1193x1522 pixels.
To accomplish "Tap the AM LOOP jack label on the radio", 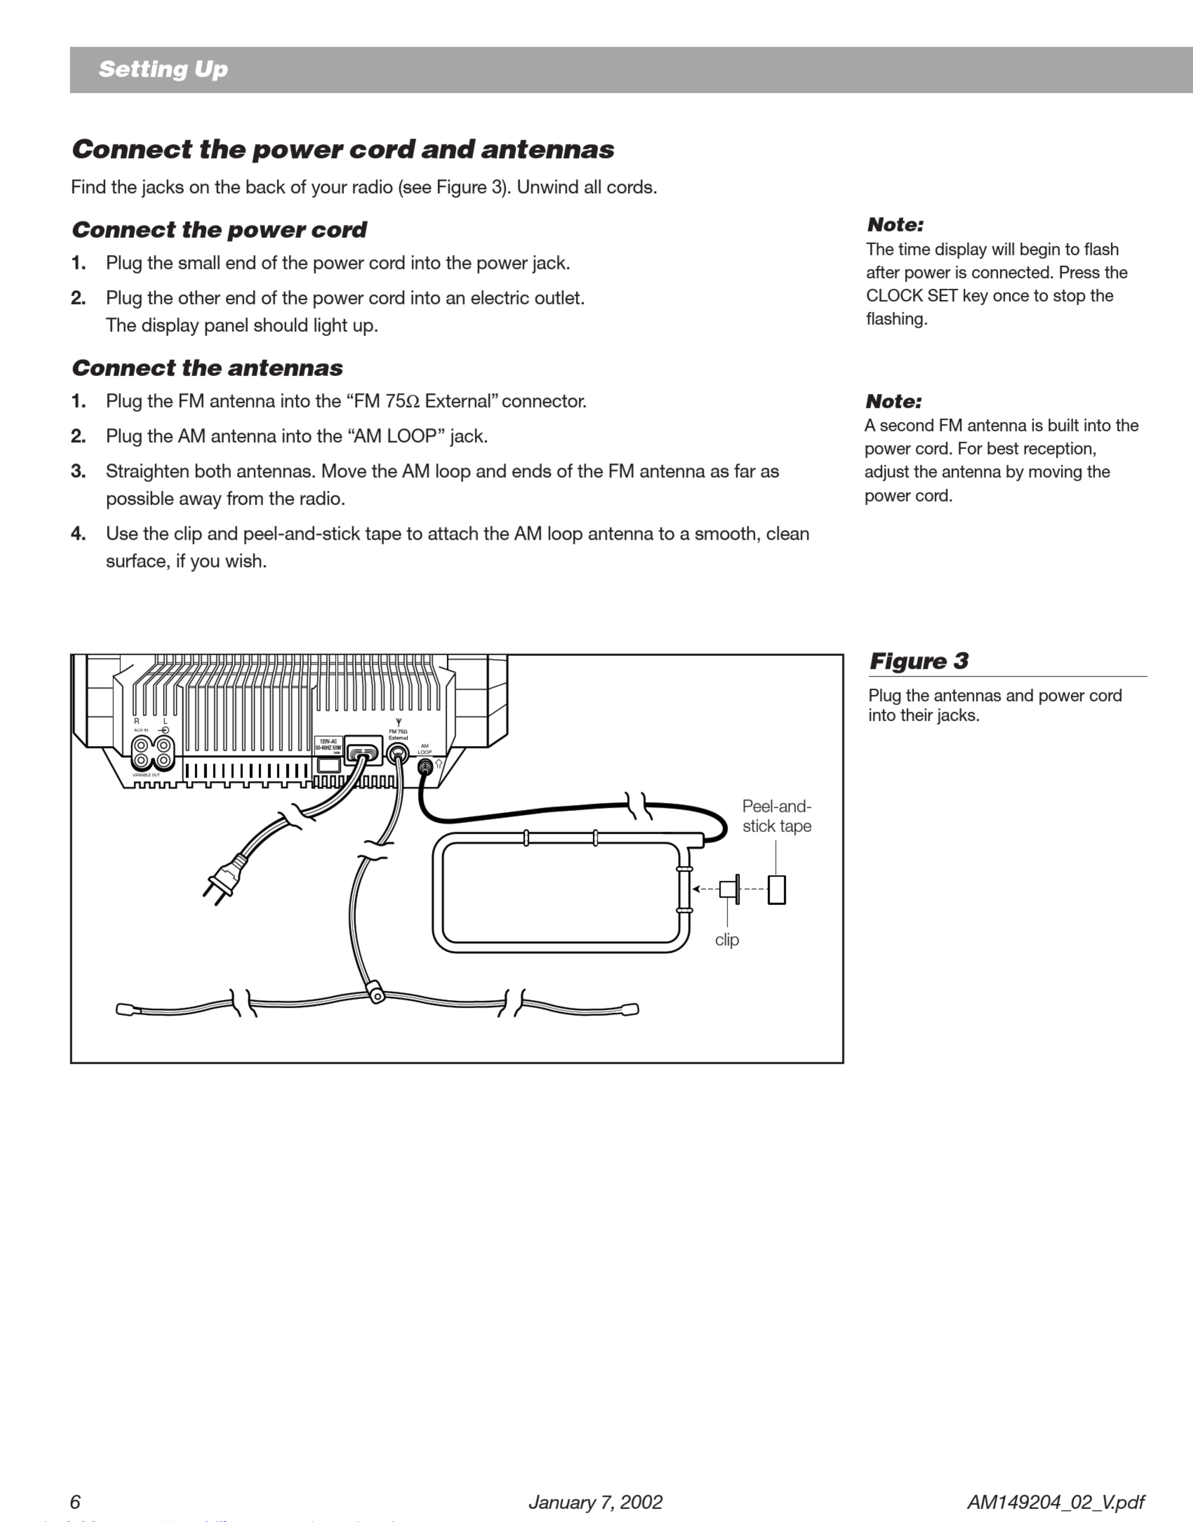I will pos(425,749).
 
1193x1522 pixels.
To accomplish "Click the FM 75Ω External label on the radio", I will pos(398,734).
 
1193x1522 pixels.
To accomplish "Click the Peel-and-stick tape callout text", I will pos(777,816).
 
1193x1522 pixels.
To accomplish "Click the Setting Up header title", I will pos(164,69).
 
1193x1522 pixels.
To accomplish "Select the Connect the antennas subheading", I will pos(207,368).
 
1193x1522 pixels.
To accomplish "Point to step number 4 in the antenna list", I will pos(78,534).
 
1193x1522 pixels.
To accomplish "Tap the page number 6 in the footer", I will pos(75,1502).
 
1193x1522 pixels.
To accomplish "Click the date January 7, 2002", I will pos(595,1502).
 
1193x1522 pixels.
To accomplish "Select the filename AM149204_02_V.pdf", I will pos(1055,1502).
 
